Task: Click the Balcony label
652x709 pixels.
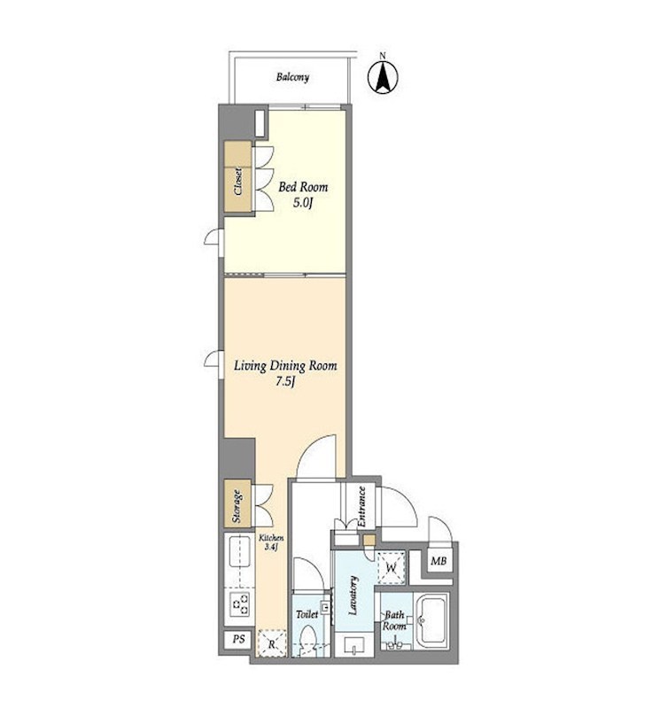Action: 293,77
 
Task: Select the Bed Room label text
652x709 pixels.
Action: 303,186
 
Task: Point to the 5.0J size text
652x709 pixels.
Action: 303,203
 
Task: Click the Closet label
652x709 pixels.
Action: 237,182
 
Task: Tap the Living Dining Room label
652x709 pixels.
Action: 285,365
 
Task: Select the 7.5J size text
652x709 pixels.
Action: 285,382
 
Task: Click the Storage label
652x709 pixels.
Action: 237,506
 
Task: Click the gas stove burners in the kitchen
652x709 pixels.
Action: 240,604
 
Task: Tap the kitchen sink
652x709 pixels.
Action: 240,551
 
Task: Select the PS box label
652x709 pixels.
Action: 238,639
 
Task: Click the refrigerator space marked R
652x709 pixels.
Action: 272,643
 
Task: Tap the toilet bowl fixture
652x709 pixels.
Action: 308,638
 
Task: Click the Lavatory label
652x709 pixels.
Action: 353,596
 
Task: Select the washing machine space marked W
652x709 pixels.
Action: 391,567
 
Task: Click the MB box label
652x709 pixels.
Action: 439,561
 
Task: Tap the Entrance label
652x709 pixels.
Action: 361,506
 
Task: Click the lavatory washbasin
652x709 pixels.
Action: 353,644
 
